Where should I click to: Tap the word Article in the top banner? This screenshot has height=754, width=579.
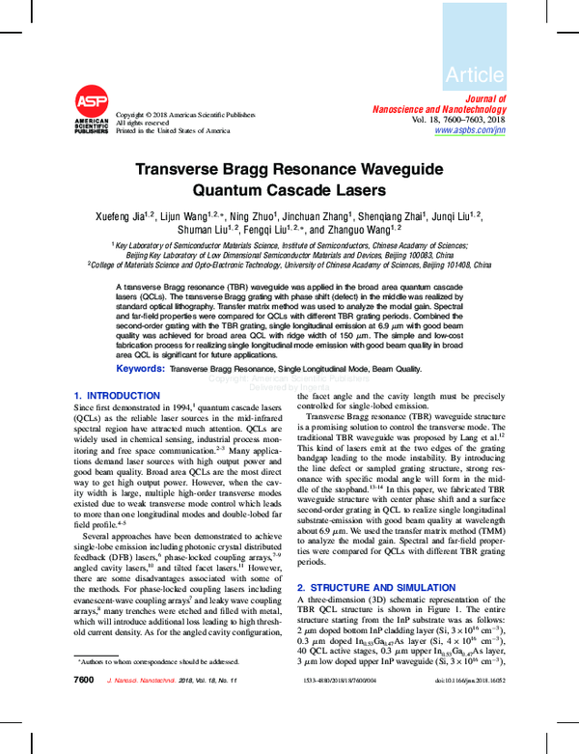[475, 74]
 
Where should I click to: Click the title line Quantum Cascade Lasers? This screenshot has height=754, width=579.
[289, 190]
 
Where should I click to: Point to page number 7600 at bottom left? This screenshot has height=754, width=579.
[84, 709]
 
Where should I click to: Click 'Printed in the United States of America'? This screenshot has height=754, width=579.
[173, 130]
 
